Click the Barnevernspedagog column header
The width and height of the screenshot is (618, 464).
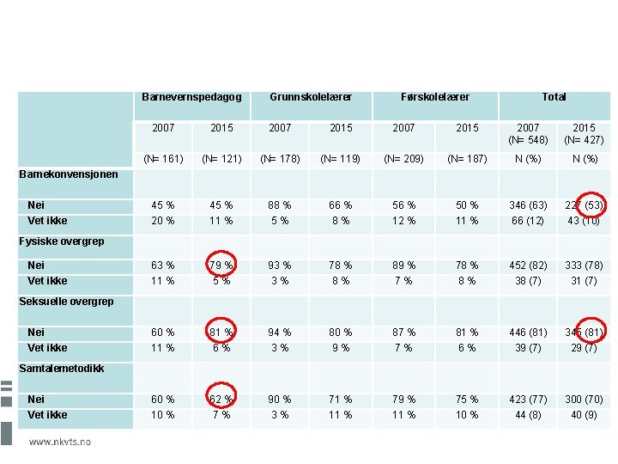point(191,97)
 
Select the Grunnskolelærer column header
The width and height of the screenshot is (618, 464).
point(310,97)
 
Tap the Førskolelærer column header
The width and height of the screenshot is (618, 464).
point(435,97)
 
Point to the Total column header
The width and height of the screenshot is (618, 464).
point(554,97)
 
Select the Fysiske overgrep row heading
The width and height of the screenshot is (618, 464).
point(62,241)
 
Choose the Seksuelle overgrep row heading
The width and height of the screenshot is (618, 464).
point(66,302)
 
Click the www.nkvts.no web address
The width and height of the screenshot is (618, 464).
point(60,442)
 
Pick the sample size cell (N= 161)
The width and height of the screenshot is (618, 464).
point(163,159)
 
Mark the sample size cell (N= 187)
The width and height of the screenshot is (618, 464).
point(467,159)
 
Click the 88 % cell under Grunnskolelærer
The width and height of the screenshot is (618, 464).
point(280,205)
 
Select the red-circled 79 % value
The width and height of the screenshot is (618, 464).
point(221,266)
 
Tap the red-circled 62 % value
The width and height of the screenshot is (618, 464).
point(221,400)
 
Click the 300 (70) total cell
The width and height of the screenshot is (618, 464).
point(584,400)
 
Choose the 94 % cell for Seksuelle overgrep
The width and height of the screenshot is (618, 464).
point(280,333)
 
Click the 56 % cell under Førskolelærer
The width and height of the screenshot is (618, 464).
point(403,205)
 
